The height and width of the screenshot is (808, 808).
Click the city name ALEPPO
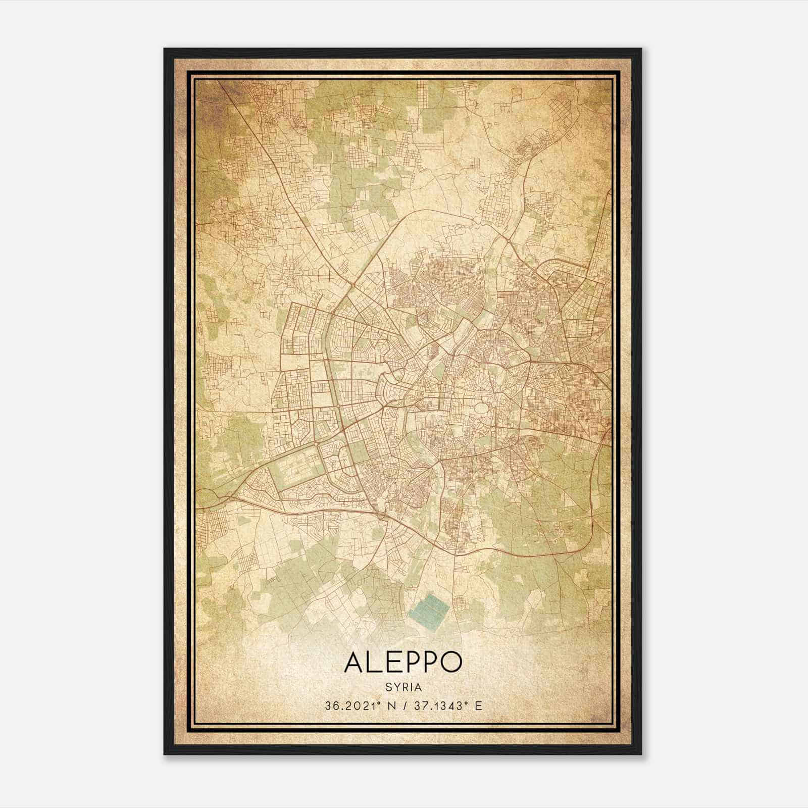click(403, 662)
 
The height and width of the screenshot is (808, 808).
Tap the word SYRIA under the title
click(403, 687)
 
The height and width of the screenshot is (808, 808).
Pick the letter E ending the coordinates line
click(478, 706)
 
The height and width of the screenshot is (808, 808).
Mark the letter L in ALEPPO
click(375, 662)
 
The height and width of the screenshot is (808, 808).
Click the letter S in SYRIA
click(388, 687)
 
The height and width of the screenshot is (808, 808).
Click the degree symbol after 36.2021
click(378, 702)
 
